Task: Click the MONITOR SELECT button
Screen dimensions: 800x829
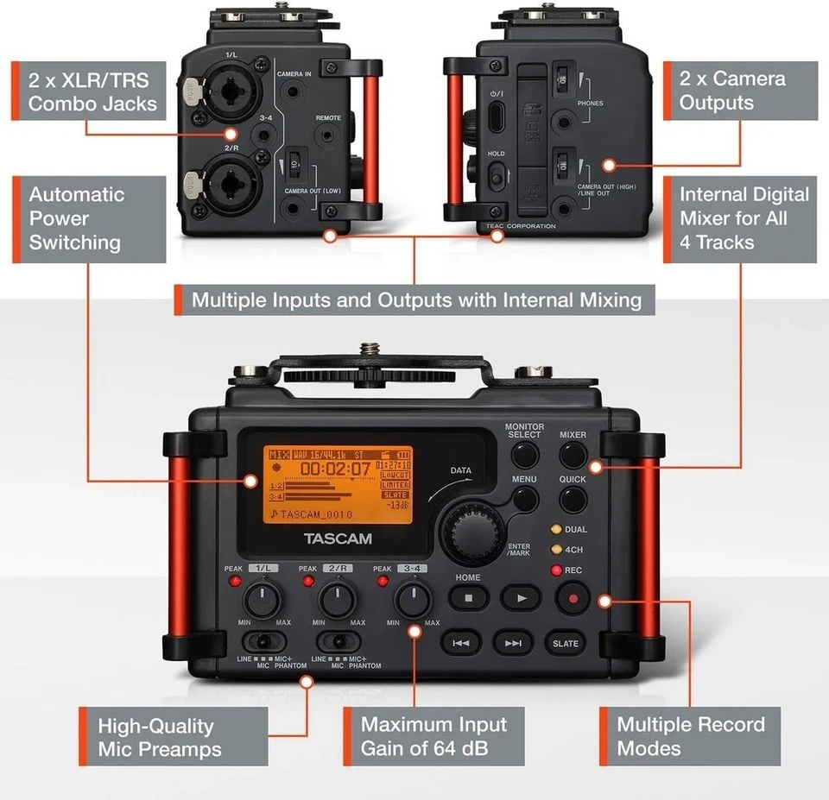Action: (x=523, y=454)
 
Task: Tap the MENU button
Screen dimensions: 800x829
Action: (x=524, y=499)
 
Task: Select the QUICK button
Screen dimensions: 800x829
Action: (x=573, y=499)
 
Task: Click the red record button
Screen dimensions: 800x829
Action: (x=572, y=597)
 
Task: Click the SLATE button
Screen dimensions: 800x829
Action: (x=566, y=643)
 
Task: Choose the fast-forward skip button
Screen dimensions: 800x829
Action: (x=513, y=643)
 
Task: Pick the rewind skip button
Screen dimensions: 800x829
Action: (x=461, y=643)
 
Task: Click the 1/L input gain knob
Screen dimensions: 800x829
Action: (x=261, y=598)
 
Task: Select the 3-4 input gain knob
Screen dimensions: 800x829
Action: (x=413, y=598)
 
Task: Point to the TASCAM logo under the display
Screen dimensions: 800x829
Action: (x=338, y=539)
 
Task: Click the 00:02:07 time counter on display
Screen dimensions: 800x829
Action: (x=335, y=469)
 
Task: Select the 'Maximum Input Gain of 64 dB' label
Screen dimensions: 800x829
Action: (x=433, y=736)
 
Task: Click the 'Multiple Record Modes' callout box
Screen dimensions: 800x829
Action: (x=690, y=736)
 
